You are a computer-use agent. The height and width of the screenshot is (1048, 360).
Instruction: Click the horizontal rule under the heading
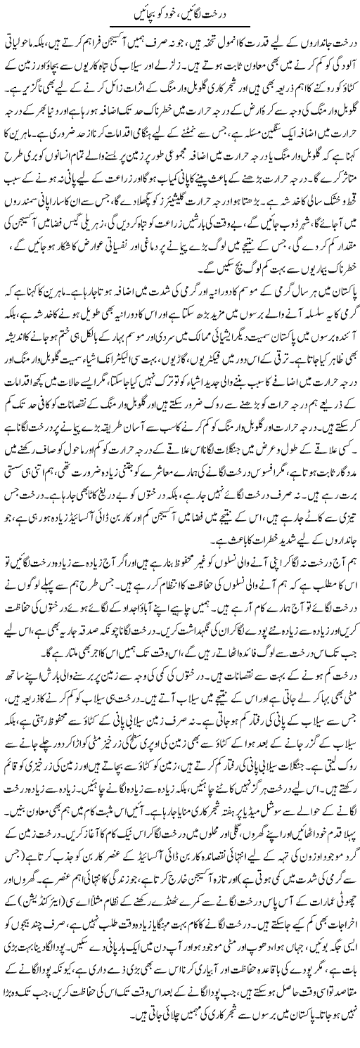(x=179, y=28)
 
